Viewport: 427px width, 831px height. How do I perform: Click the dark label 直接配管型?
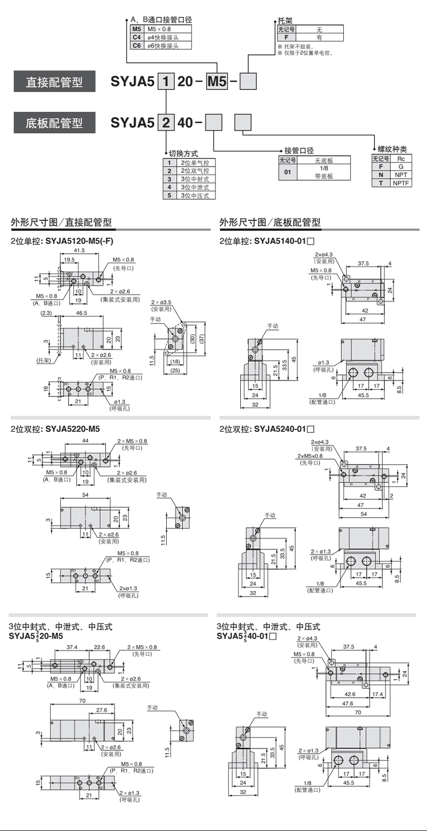tap(54, 82)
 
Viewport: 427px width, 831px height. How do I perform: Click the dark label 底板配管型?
tap(54, 122)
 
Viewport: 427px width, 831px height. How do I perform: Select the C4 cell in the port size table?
tap(136, 37)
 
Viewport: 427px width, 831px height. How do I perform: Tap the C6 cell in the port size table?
tap(136, 46)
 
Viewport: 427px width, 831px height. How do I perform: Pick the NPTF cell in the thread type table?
tap(401, 183)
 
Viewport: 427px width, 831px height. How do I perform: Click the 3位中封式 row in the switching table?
tap(195, 179)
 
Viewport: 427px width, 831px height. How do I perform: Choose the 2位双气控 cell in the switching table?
tap(195, 171)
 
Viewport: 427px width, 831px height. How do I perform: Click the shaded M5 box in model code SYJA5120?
tap(216, 82)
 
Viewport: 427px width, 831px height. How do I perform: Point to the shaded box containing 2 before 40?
tap(165, 122)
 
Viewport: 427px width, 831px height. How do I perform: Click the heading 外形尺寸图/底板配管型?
tap(270, 222)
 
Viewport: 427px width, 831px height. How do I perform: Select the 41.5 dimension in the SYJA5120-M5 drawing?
tap(79, 250)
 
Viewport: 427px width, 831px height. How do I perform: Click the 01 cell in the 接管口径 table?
tap(288, 172)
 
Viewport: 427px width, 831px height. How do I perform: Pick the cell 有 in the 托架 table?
tap(319, 37)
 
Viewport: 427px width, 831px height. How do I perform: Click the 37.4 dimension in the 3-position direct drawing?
tap(72, 647)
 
